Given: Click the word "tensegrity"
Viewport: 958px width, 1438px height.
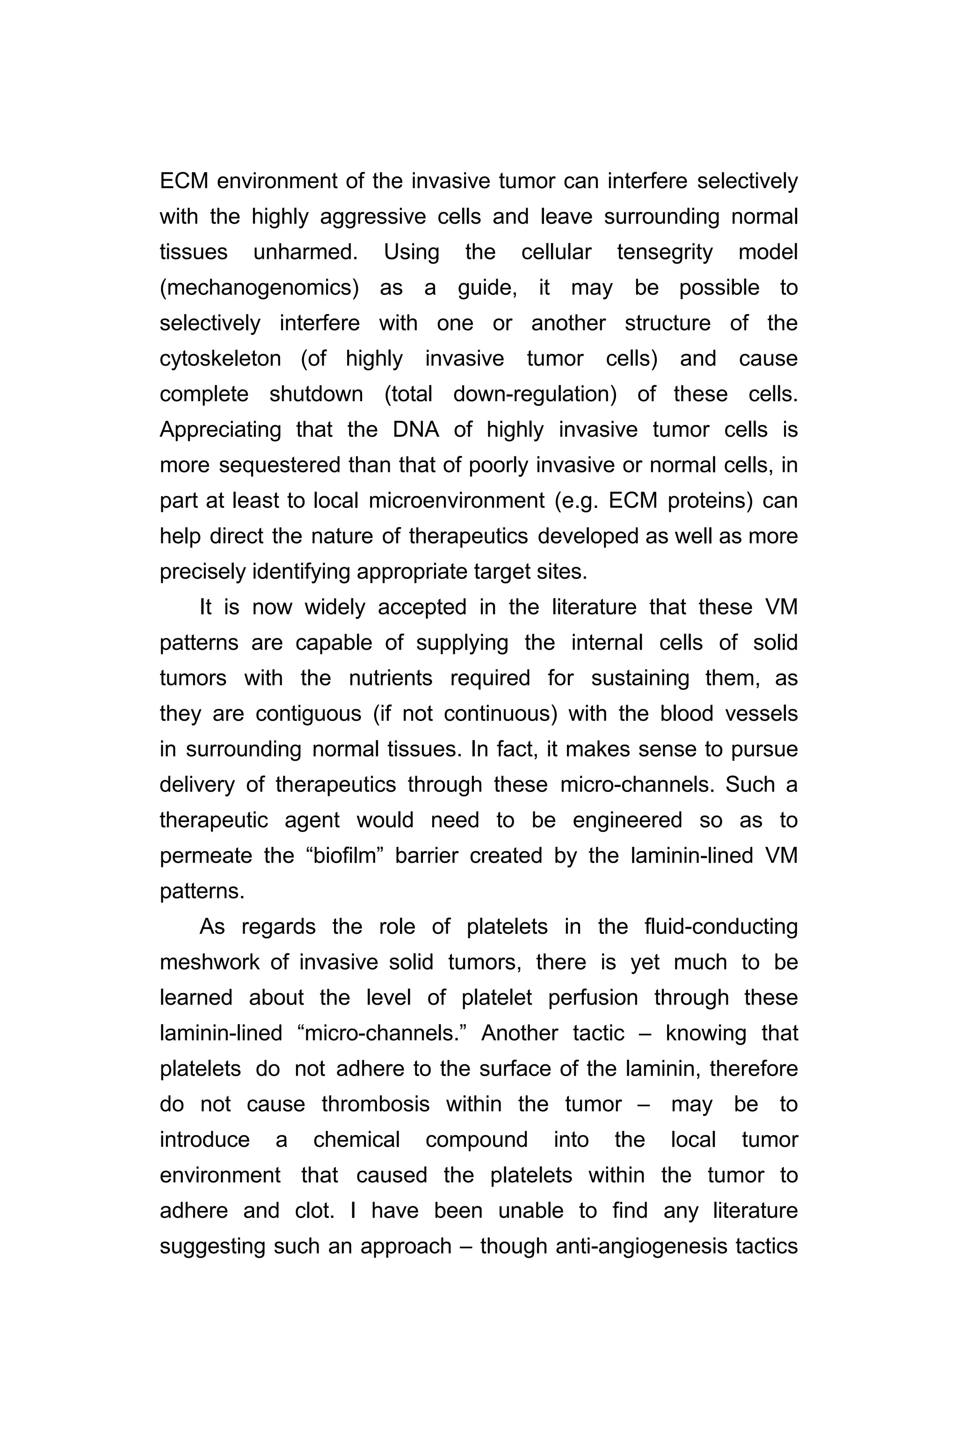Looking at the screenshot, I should pos(664,252).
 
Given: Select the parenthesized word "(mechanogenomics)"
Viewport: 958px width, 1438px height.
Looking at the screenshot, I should pos(259,288).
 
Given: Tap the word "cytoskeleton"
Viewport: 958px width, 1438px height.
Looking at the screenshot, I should pos(220,359).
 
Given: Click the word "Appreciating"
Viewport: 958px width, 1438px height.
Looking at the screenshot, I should pos(220,430).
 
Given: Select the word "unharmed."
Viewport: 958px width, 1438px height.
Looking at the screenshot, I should pos(305,252).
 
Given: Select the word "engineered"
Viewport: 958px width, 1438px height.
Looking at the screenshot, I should pos(627,821).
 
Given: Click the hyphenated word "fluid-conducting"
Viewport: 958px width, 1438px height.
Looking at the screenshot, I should pos(721,927).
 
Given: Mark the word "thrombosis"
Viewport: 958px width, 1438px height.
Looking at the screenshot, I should pos(376,1104).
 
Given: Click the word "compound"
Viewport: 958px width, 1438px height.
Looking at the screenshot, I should pos(477,1140).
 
